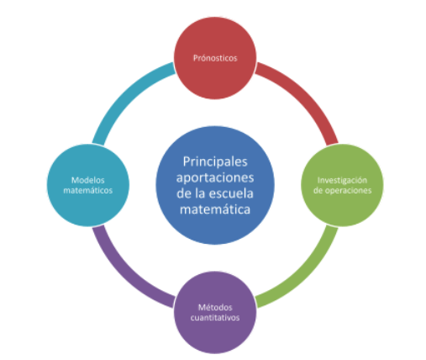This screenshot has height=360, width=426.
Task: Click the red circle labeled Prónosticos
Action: tap(215, 58)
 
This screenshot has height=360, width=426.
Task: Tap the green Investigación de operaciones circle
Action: tap(342, 185)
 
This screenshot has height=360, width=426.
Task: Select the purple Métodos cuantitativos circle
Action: tap(215, 312)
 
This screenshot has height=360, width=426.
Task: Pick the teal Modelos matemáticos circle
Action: tap(88, 185)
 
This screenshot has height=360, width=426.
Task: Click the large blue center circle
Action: tap(215, 185)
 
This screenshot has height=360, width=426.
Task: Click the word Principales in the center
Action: tap(215, 161)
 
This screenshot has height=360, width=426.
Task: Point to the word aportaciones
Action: tap(215, 177)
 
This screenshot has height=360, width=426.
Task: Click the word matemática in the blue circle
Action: tap(215, 209)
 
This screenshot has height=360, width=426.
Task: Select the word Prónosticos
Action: tap(215, 58)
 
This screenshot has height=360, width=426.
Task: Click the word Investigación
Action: tap(342, 180)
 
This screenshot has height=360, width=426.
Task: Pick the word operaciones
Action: tap(348, 191)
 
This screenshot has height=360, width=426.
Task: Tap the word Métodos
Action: tap(215, 307)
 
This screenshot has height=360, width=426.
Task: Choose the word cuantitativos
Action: tap(215, 318)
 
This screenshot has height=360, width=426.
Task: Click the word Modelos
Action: tap(88, 180)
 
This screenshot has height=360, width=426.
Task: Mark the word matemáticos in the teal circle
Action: tap(88, 190)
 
